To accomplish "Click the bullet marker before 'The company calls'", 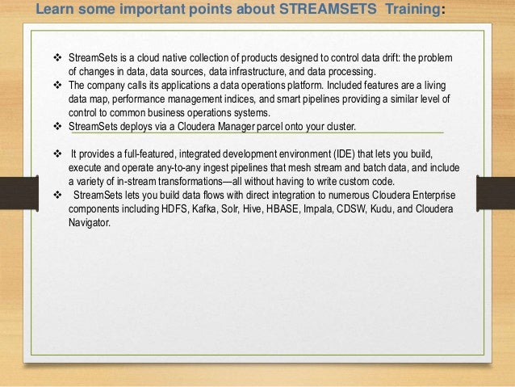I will (x=57, y=85).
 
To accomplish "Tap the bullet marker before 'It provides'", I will (x=57, y=154).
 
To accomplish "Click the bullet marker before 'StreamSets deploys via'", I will (x=57, y=126).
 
